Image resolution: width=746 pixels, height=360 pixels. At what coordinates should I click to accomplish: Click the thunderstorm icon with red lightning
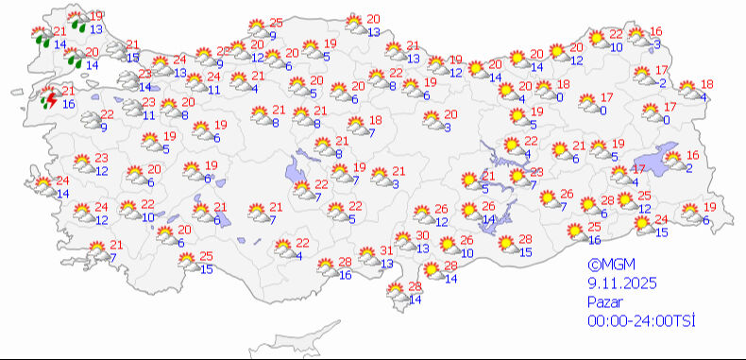coord(47,99)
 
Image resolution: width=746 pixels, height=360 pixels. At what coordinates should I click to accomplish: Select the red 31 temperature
coord(386,250)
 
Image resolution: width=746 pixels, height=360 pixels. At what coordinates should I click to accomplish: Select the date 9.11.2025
coord(619,283)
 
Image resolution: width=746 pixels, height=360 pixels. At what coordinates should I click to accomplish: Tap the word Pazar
coord(602,301)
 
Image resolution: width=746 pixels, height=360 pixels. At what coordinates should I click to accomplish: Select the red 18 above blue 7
coord(376,120)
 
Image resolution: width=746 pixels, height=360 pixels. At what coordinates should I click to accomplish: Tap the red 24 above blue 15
coord(662,220)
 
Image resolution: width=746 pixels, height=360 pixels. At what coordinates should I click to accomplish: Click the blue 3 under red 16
coord(656,44)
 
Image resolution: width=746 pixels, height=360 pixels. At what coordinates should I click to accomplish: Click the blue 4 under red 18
coord(705,96)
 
